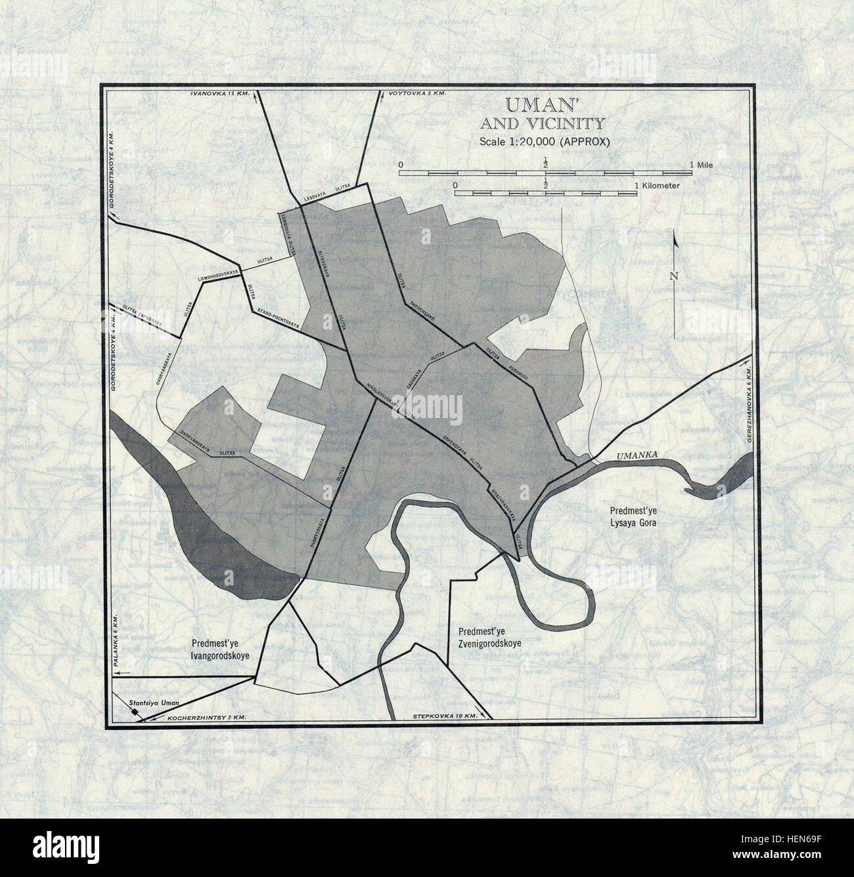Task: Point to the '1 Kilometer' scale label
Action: click(x=658, y=186)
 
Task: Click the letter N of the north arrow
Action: click(x=674, y=276)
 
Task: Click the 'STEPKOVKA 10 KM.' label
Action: click(x=445, y=716)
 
